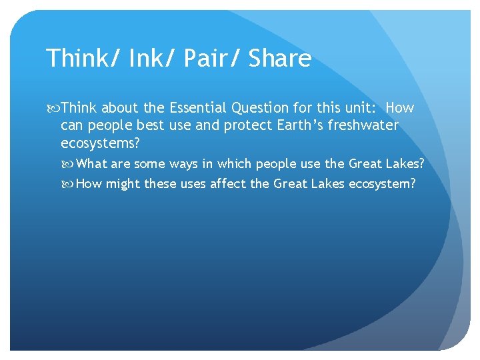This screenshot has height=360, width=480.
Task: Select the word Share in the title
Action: pos(280,59)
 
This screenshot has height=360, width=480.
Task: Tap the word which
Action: pos(237,164)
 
